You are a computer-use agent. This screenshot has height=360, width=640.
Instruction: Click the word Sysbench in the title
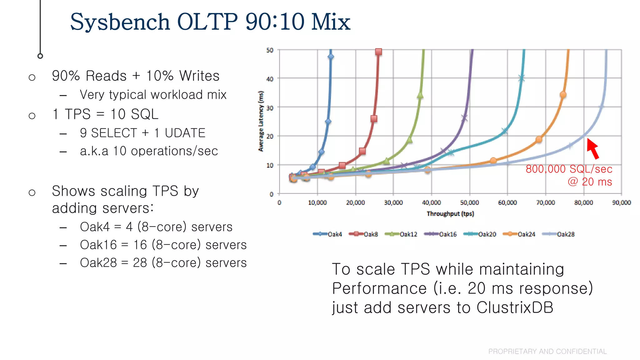(x=120, y=22)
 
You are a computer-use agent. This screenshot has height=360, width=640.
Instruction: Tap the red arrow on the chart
(x=593, y=149)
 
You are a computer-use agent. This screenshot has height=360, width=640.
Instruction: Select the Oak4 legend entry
(x=327, y=234)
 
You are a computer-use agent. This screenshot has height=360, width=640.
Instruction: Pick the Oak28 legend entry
(x=558, y=234)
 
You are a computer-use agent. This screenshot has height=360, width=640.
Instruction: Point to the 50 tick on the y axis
(x=270, y=50)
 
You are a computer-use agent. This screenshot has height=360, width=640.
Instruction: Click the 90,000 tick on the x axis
(x=621, y=202)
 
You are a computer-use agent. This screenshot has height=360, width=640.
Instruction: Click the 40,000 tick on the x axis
(x=431, y=202)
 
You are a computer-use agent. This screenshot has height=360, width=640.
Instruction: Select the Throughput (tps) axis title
(x=450, y=214)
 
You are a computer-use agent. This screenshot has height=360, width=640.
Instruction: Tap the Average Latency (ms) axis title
(x=261, y=121)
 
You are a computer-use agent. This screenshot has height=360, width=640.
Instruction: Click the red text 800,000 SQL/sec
(x=569, y=169)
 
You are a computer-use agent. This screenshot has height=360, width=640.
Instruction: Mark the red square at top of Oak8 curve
(x=378, y=52)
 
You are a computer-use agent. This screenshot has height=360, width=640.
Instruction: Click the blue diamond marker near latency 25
(x=328, y=122)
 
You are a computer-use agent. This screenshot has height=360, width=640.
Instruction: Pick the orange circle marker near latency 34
(x=563, y=95)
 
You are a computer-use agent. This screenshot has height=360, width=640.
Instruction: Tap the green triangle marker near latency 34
(x=420, y=95)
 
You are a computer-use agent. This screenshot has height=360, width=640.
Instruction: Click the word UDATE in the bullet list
(x=185, y=133)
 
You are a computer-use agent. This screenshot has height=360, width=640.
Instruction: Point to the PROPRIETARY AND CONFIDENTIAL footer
(x=547, y=352)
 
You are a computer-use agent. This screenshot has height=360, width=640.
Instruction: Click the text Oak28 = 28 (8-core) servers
(x=163, y=263)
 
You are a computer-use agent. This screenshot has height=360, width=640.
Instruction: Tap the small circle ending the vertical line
(x=40, y=56)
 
